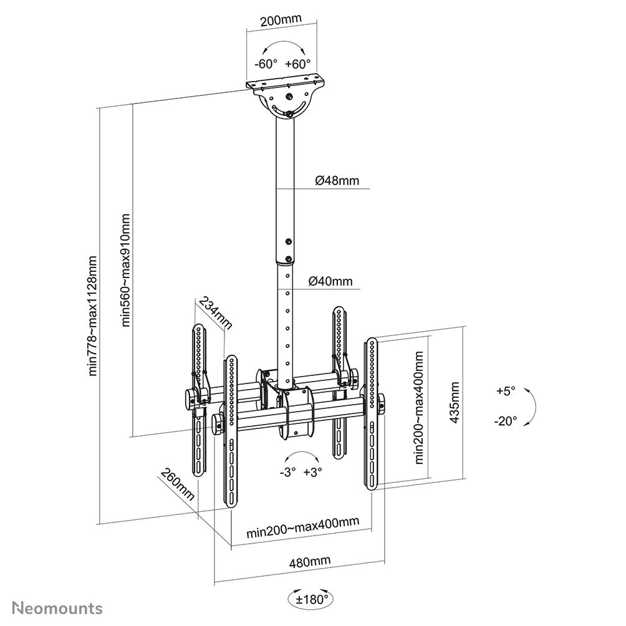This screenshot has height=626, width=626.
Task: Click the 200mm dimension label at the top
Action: pyautogui.click(x=281, y=19)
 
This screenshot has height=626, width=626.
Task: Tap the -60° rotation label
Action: pyautogui.click(x=266, y=64)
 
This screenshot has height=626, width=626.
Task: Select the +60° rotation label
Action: pyautogui.click(x=297, y=64)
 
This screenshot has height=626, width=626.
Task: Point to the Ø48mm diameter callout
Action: pyautogui.click(x=337, y=181)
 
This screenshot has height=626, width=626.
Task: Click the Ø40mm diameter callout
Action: pyautogui.click(x=330, y=281)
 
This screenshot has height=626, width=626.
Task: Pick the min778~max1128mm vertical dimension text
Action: pyautogui.click(x=93, y=316)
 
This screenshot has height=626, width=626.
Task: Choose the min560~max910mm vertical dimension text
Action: pyautogui.click(x=126, y=270)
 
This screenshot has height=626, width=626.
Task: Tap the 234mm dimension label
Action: pyautogui.click(x=215, y=313)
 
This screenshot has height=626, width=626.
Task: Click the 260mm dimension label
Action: pyautogui.click(x=178, y=484)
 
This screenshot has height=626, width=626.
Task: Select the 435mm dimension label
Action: pyautogui.click(x=455, y=402)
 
